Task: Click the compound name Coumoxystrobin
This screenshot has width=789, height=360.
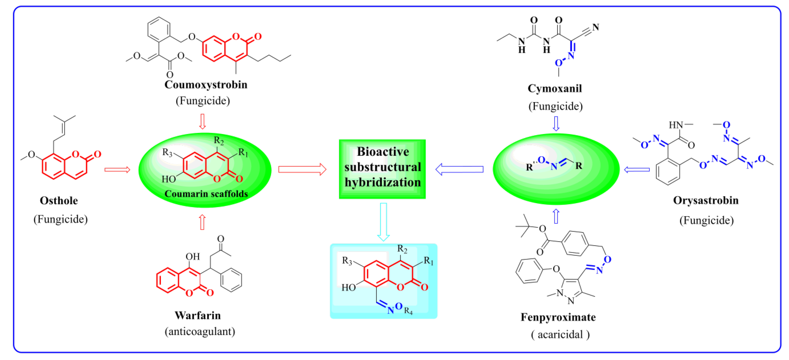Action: click(x=206, y=85)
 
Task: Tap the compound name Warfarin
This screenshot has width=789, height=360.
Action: click(x=198, y=315)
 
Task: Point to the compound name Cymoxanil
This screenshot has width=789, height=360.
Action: click(x=554, y=89)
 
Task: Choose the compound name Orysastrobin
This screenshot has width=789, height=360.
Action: click(x=705, y=201)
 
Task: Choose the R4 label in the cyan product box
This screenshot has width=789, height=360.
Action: click(x=408, y=311)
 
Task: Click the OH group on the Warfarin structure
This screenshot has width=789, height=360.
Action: click(x=192, y=257)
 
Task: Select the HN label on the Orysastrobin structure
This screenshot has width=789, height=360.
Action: click(x=676, y=125)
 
